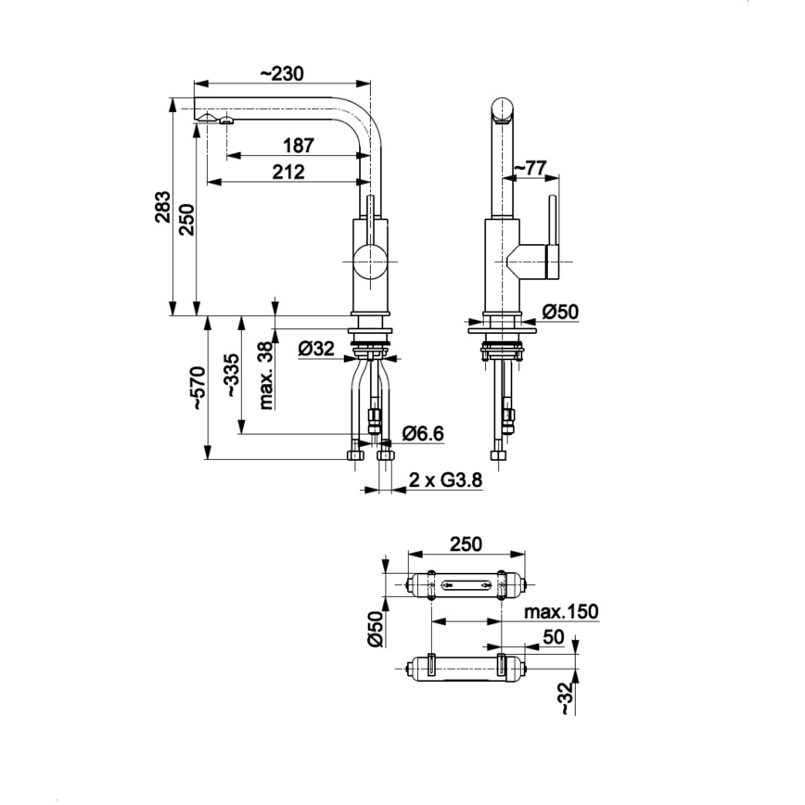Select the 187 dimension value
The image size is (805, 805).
pos(300,145)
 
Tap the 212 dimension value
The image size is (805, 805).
pos(289,171)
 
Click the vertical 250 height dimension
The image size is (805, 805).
pos(185,219)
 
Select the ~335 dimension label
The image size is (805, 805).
pos(232,376)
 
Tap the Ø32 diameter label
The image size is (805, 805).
pos(316,349)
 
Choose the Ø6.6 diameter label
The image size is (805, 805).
pos(425,432)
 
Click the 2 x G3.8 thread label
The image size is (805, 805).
pos(445,480)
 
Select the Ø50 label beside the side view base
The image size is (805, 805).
pos(560,313)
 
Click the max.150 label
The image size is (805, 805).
pos(560,611)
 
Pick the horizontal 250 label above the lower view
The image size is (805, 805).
pos(466,543)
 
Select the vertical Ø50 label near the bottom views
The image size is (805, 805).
pos(376,629)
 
